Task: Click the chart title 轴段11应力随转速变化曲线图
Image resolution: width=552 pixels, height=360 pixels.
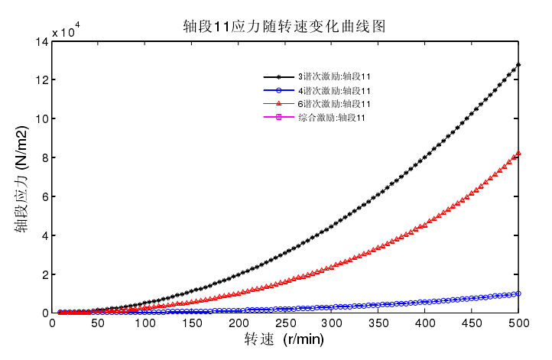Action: [284, 26]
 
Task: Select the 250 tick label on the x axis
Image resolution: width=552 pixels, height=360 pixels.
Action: [286, 323]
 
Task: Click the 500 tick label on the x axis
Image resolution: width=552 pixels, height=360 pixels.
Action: [519, 323]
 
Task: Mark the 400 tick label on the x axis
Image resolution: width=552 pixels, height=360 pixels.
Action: [426, 323]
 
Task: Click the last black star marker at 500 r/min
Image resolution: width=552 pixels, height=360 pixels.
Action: [519, 65]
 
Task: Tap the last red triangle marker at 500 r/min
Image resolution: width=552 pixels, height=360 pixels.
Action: [519, 153]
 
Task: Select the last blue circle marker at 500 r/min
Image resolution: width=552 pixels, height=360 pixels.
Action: [519, 294]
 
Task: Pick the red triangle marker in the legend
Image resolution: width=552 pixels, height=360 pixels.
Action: [278, 103]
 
